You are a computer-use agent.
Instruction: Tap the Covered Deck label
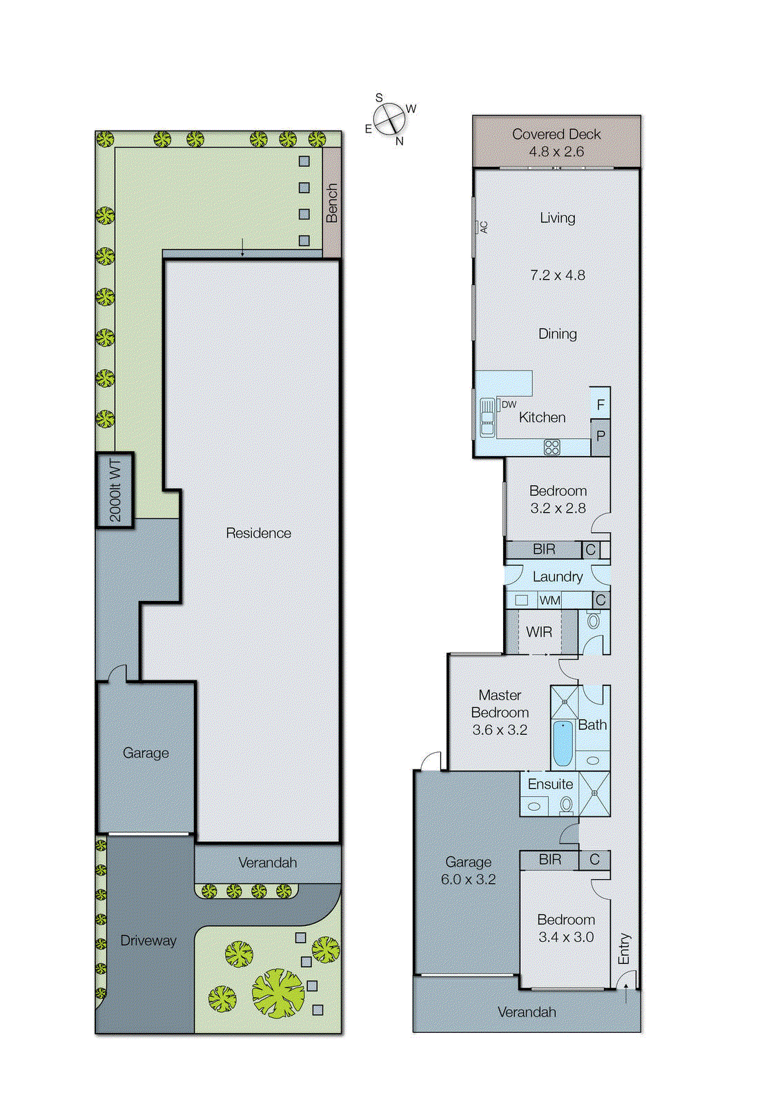click(x=556, y=135)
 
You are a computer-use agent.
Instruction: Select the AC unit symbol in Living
click(x=482, y=227)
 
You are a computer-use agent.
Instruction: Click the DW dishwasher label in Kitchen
click(x=509, y=405)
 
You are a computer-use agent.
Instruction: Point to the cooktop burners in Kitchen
click(x=551, y=447)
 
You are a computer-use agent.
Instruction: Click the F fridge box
click(x=600, y=404)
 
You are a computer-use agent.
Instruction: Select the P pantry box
click(x=600, y=436)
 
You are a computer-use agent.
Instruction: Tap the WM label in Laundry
click(x=549, y=600)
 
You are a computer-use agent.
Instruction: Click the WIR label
click(x=538, y=632)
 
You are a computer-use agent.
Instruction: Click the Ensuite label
click(x=550, y=785)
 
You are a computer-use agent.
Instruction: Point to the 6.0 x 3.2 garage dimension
click(x=468, y=880)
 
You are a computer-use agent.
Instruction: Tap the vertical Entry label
click(x=624, y=949)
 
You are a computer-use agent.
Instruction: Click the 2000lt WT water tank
click(x=115, y=491)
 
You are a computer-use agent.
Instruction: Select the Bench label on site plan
click(x=332, y=203)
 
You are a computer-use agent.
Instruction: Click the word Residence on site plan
click(x=258, y=533)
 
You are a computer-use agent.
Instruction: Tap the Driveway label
click(x=148, y=940)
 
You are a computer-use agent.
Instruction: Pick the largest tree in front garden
click(x=277, y=994)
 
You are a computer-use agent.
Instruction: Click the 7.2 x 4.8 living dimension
click(x=557, y=275)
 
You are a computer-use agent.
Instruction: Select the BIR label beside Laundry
click(x=544, y=549)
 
